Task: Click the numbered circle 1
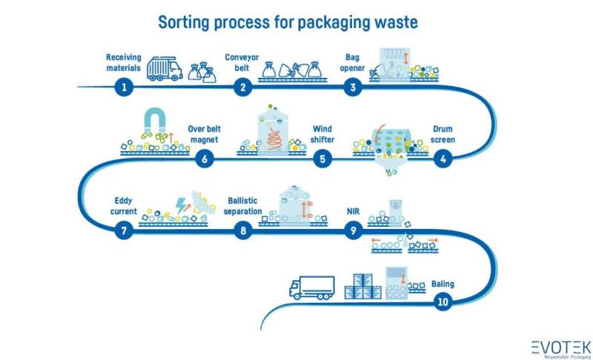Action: (125, 87)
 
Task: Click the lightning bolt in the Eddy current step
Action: (182, 205)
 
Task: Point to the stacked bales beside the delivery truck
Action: (365, 286)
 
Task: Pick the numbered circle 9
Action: (354, 230)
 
